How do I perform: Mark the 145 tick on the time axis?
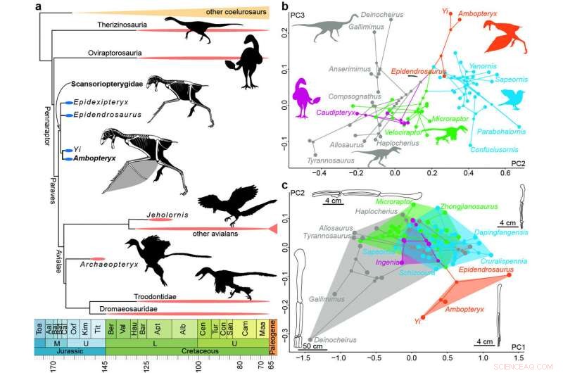tap(106, 365)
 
